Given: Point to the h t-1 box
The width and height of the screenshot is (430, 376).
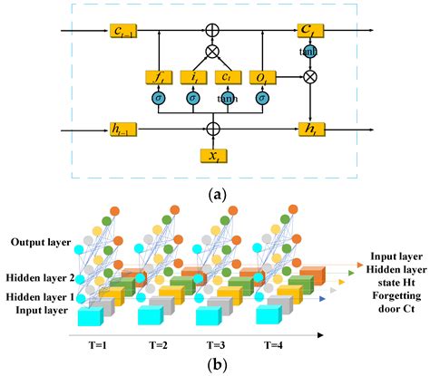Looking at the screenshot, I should (121, 129).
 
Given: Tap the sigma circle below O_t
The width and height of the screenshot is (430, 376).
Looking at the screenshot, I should (262, 99).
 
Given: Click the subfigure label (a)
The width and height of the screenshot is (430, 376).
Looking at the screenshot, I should (214, 194).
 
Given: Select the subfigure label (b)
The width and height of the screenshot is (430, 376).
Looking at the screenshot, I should (214, 365).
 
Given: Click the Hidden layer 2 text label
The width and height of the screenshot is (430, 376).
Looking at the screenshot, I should (39, 277).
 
